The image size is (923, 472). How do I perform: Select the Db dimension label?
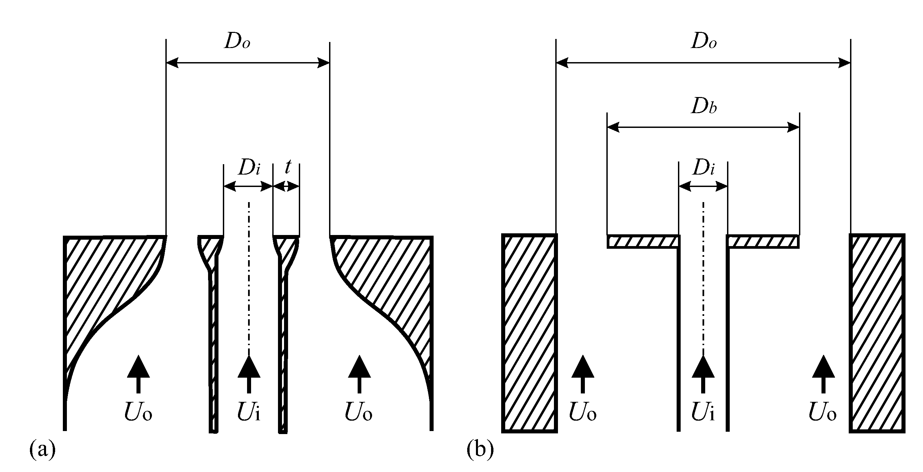(704, 107)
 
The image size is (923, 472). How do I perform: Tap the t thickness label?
(287, 167)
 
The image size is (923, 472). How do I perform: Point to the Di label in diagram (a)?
(249, 168)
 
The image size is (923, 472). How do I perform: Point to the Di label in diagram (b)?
(704, 168)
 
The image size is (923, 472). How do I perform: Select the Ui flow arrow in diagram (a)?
(249, 374)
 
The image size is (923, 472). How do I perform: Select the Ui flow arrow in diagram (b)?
(703, 374)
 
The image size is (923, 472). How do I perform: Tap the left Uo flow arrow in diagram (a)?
(138, 374)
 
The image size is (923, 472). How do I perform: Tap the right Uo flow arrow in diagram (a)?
(359, 374)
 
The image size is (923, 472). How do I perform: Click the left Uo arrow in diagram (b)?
(583, 374)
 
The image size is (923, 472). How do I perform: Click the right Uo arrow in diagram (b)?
(824, 374)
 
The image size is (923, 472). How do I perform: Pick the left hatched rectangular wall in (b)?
(529, 333)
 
